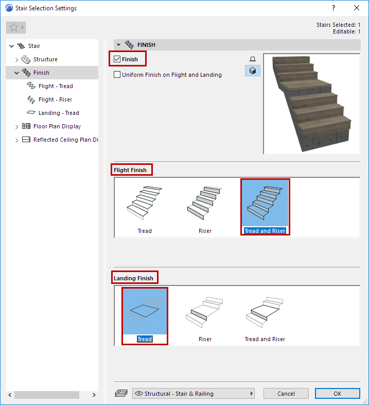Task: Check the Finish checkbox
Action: [x=117, y=59]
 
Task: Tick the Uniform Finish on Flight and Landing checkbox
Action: [x=117, y=75]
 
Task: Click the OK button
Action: [x=337, y=393]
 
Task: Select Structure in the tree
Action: [x=45, y=59]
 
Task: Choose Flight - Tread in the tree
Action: [x=56, y=86]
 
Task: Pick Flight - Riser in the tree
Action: [x=55, y=99]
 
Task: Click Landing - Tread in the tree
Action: [x=59, y=113]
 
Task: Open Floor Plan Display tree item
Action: [x=57, y=126]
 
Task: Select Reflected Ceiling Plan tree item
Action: [x=66, y=140]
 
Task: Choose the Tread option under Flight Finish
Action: [x=145, y=208]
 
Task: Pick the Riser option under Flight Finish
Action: [x=205, y=208]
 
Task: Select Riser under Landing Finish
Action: [x=205, y=316]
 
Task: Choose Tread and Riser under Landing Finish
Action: [x=265, y=316]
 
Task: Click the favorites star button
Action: [x=16, y=27]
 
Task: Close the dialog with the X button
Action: [x=356, y=8]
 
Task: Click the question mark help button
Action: [x=333, y=8]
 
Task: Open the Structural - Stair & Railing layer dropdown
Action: [x=194, y=393]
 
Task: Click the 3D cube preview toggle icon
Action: [x=253, y=71]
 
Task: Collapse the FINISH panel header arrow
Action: [x=118, y=45]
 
